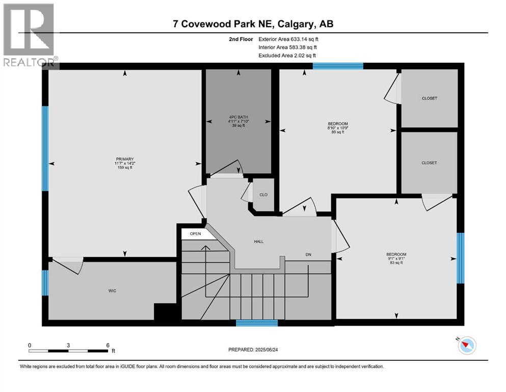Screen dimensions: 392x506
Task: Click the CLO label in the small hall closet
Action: click(x=263, y=194)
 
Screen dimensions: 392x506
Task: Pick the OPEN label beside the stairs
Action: click(x=196, y=234)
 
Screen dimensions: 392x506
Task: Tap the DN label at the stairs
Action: click(x=308, y=254)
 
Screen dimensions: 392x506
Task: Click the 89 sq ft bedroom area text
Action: click(x=337, y=132)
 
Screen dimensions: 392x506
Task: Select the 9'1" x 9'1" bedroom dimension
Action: click(x=396, y=258)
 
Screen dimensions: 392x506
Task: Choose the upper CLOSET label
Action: click(x=429, y=99)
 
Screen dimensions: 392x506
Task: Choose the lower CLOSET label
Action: click(x=429, y=163)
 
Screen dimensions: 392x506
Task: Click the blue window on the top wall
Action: click(x=338, y=66)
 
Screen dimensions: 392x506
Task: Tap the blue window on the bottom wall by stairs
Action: click(x=257, y=323)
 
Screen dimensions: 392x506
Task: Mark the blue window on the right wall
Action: click(x=461, y=258)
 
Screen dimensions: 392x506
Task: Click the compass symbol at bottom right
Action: click(x=466, y=346)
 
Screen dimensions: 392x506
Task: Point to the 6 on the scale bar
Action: click(x=108, y=345)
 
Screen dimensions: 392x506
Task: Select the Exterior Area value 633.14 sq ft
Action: click(x=304, y=39)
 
